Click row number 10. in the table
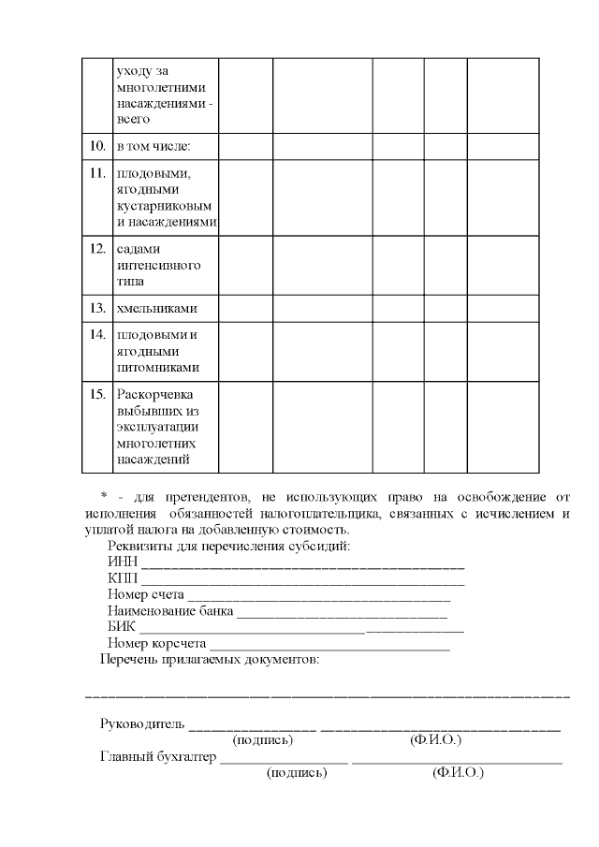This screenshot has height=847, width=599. coord(96,146)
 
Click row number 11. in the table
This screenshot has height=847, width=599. coord(96,172)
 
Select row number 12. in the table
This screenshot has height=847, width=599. coord(96,248)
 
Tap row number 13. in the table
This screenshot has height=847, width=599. coord(96,308)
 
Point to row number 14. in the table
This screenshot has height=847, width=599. coord(96,334)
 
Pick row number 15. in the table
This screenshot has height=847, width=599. coord(96,393)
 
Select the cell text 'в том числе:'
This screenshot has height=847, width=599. coord(153,146)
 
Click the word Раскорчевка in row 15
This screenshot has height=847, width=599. coord(153,393)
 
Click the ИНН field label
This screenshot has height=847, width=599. coord(122,562)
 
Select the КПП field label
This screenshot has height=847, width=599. coord(123,578)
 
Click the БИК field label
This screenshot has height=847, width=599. coord(122,628)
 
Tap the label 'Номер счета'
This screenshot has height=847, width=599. coord(146,594)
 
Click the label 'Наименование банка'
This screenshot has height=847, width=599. coord(170,611)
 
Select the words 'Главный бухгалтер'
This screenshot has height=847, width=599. coord(157,757)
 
